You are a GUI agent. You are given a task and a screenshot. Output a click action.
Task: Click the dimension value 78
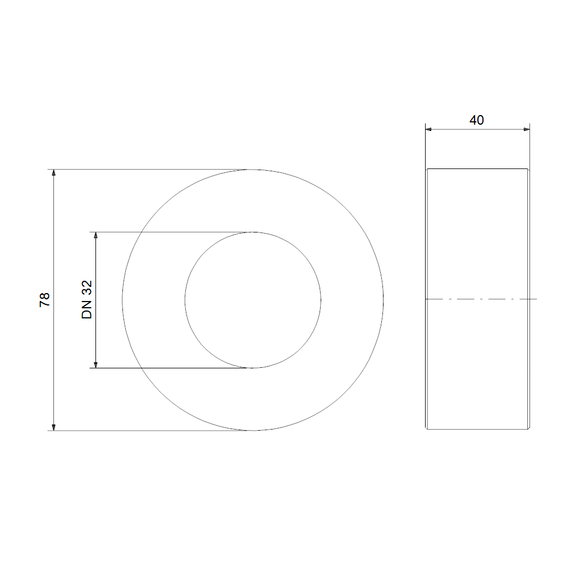tap(44, 300)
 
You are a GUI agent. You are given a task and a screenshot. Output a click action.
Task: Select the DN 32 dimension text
tap(87, 300)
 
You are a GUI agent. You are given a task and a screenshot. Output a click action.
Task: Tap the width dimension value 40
tap(477, 120)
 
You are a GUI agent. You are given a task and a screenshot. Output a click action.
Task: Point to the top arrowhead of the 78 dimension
tap(53, 173)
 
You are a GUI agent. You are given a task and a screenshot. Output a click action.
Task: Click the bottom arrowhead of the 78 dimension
tap(53, 427)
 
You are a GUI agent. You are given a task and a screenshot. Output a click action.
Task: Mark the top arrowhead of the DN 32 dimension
tap(95, 235)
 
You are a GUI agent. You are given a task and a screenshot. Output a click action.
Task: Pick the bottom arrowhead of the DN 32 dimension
tap(95, 364)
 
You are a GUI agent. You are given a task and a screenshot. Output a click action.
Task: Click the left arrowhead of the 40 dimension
tap(428, 129)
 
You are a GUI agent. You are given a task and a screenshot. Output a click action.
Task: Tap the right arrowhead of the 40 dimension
tap(527, 129)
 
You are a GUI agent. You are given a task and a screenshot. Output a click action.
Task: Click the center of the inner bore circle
tap(253, 300)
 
